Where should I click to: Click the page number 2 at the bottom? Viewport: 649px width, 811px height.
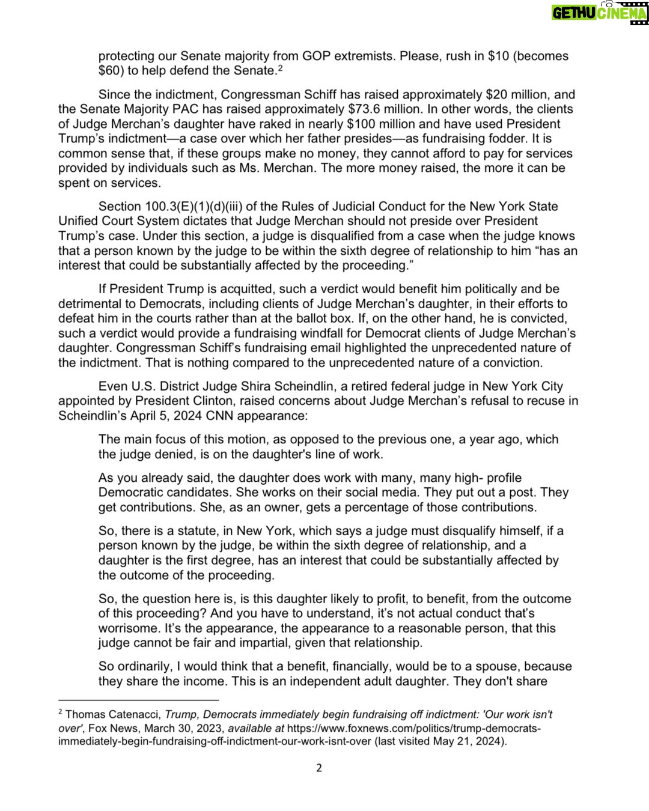pyautogui.click(x=319, y=768)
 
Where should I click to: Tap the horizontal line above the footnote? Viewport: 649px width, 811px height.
pyautogui.click(x=138, y=700)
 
